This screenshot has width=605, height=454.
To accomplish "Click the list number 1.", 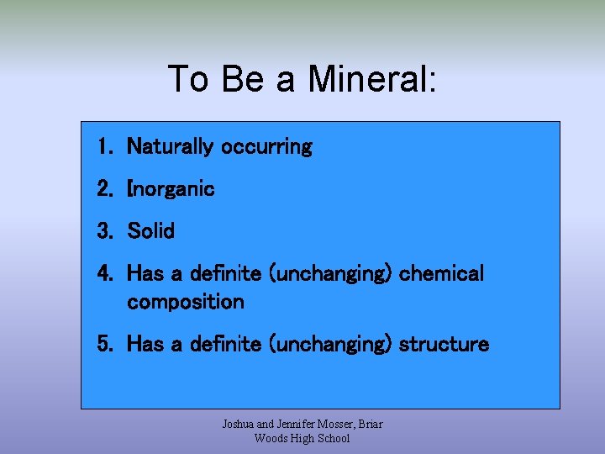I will pyautogui.click(x=104, y=147).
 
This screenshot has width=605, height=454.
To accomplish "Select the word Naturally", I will pyautogui.click(x=171, y=147).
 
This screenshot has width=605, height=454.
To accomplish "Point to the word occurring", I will pyautogui.click(x=266, y=147).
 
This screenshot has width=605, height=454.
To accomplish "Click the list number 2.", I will pyautogui.click(x=104, y=189).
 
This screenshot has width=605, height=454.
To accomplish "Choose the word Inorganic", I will pyautogui.click(x=171, y=189).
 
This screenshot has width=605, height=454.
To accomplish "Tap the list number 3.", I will pyautogui.click(x=104, y=231).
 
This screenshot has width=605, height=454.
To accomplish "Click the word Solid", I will pyautogui.click(x=150, y=231).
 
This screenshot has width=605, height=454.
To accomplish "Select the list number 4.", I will pyautogui.click(x=104, y=274).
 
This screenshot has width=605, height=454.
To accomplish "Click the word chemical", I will pyautogui.click(x=442, y=274).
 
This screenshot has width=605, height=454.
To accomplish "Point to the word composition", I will pyautogui.click(x=186, y=302).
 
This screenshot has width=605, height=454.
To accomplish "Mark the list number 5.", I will pyautogui.click(x=104, y=345).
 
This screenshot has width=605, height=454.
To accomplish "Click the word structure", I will pyautogui.click(x=444, y=345).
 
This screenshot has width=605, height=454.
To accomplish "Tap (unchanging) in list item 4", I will pyautogui.click(x=330, y=274).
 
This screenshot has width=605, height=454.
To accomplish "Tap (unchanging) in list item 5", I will pyautogui.click(x=330, y=345).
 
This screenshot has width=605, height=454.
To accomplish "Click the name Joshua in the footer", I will pyautogui.click(x=239, y=424).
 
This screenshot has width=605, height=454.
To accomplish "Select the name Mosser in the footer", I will pyautogui.click(x=336, y=424).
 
